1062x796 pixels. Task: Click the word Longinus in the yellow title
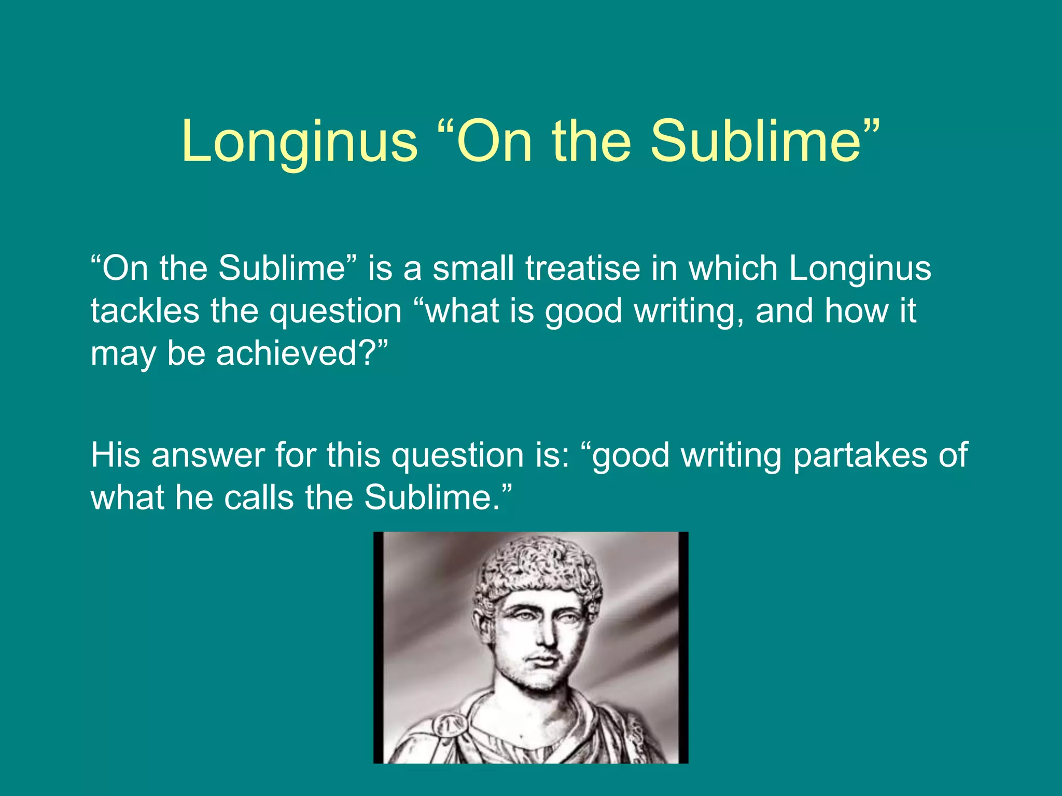click(299, 141)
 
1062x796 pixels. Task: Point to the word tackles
click(145, 311)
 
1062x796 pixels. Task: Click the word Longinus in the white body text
click(860, 268)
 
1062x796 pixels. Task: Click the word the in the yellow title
click(592, 141)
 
